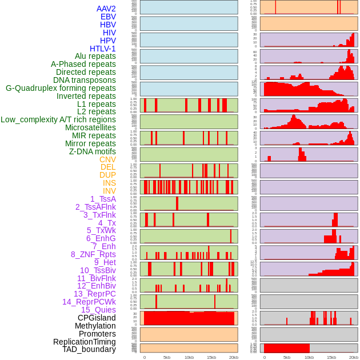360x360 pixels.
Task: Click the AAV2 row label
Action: coord(106,9)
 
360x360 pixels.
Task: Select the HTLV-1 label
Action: coord(103,49)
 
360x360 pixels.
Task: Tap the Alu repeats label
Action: coord(95,57)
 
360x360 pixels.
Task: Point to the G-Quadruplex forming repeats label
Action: coord(61,88)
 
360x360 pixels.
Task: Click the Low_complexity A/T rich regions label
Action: coord(58,119)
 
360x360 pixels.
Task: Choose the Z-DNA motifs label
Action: coord(93,151)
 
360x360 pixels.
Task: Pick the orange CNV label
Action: coord(107,159)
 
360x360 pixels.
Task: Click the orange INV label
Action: coord(109,191)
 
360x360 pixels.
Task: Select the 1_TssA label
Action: coord(103,199)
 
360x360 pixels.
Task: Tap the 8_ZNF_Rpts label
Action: coord(93,254)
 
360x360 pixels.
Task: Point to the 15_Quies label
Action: coord(98,310)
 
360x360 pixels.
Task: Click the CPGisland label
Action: coord(97,318)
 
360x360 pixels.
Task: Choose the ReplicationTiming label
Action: coord(84,342)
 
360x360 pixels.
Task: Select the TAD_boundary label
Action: coord(89,349)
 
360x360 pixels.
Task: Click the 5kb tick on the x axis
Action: coord(167,357)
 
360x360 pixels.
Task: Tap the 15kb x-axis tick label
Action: coord(211,357)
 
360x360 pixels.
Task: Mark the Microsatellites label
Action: coord(90,127)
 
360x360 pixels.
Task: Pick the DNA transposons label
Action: coord(85,80)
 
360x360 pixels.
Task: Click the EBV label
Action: coord(108,17)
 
